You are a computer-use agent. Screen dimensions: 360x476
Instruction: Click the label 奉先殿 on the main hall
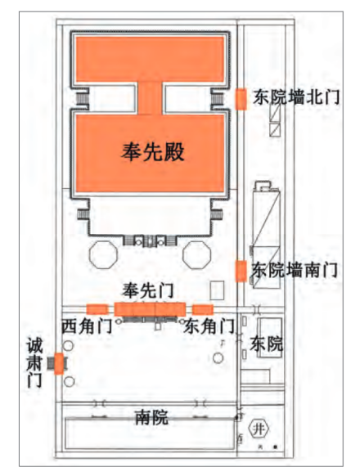point(153,152)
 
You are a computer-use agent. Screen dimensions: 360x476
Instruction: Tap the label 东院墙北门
point(296,97)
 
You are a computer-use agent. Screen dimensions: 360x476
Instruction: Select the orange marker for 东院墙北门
point(241,99)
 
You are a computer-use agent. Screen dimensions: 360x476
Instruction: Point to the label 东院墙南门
point(295,270)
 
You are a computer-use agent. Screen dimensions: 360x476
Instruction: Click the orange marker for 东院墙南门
point(241,271)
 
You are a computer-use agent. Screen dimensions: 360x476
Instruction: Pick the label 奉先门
point(148,290)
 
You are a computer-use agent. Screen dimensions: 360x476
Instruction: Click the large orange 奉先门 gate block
point(150,309)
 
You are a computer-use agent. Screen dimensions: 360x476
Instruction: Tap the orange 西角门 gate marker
point(97,309)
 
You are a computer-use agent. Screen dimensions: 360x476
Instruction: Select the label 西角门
point(88,326)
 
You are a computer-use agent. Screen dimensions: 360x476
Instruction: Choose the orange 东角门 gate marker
point(203,309)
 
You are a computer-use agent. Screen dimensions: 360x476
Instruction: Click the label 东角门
point(209,326)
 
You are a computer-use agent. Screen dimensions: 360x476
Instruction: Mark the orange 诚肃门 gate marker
point(59,364)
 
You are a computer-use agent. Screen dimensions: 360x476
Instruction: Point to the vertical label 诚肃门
point(34,362)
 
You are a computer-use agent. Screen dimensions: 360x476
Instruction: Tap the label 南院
point(151,417)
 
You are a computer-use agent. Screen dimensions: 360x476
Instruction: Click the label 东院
point(266,344)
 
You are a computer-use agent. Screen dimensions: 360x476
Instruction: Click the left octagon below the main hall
point(103,254)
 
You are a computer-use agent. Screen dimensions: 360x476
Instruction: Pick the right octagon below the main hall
point(197,254)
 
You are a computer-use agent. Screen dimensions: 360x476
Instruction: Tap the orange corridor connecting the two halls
point(150,98)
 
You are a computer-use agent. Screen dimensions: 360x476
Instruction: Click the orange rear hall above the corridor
point(150,59)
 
